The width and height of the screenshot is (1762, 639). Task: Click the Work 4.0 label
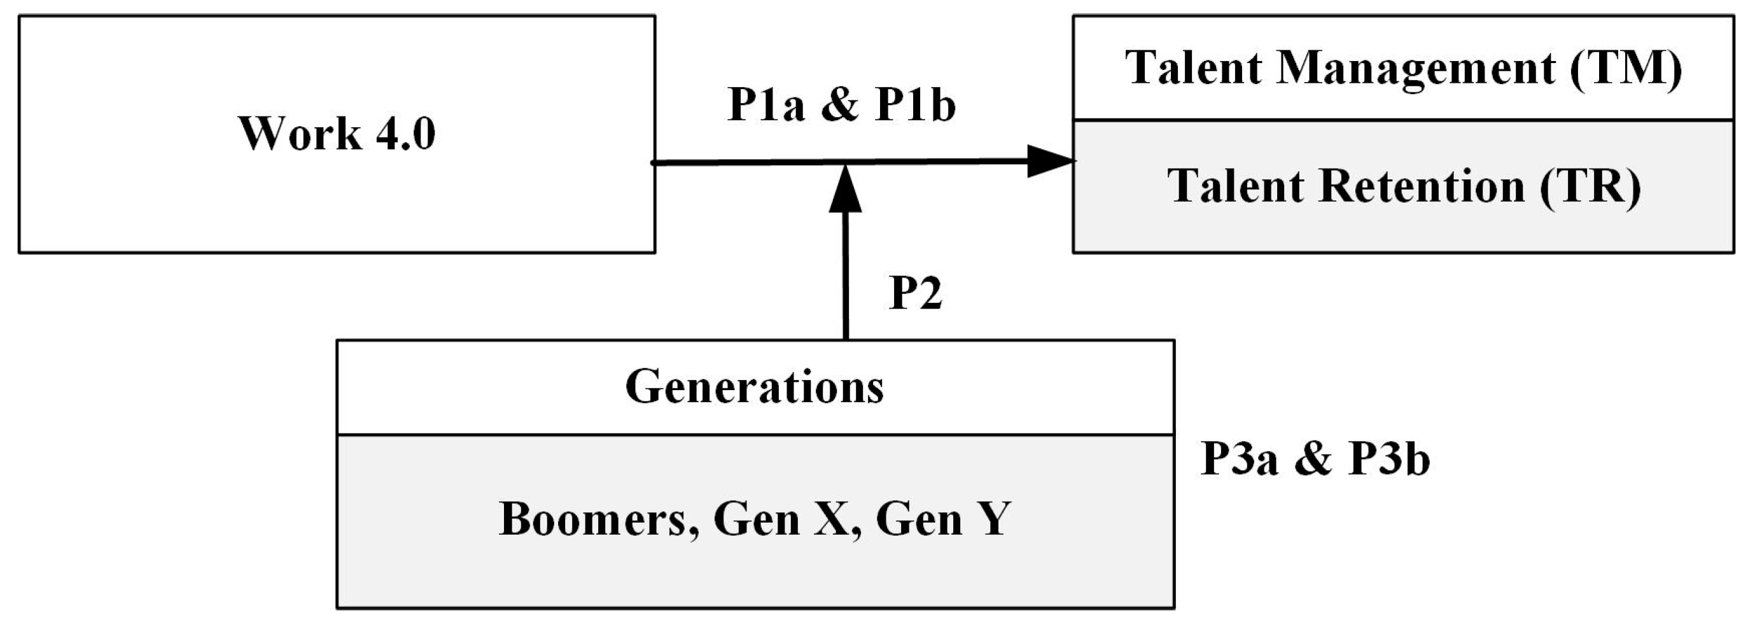tap(337, 133)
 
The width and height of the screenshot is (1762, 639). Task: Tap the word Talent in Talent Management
tap(1194, 67)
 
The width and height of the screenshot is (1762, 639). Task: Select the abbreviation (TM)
tap(1626, 67)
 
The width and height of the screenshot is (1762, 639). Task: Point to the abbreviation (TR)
tap(1590, 186)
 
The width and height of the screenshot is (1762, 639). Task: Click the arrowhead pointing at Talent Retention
tap(1050, 162)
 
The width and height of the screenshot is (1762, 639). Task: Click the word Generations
tap(755, 386)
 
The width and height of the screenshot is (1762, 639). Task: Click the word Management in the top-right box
tap(1416, 67)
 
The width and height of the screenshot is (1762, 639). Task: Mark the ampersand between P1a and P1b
tap(840, 106)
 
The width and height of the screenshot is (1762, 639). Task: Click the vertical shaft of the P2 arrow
tap(846, 281)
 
